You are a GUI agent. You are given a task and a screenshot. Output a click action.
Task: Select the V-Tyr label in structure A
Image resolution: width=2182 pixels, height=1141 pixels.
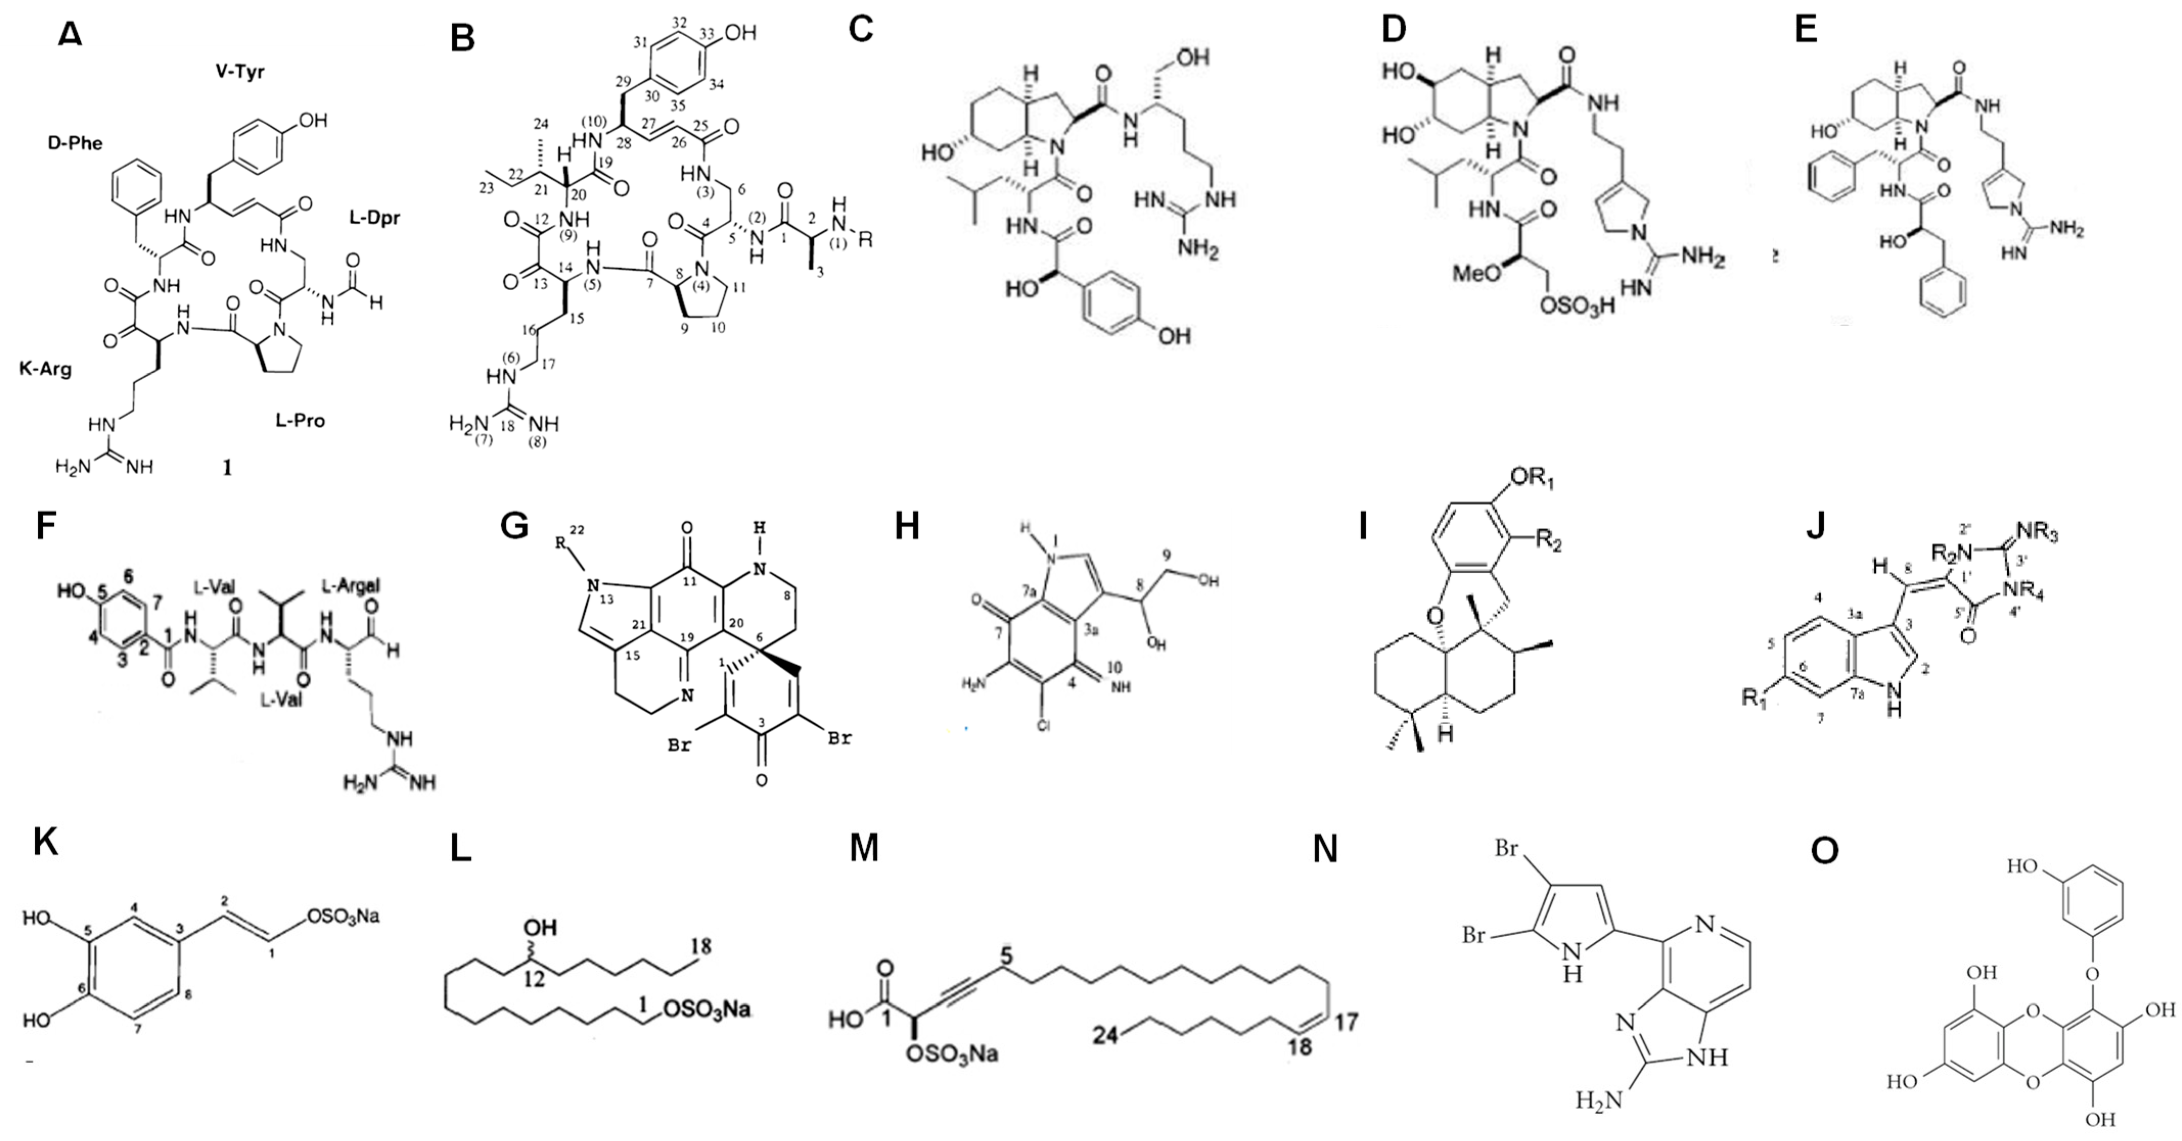pos(240,72)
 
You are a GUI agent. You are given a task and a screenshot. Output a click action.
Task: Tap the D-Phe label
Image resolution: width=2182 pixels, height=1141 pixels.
pos(75,143)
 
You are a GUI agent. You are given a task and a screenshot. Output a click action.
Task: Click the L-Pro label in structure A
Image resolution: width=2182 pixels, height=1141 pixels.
pos(300,420)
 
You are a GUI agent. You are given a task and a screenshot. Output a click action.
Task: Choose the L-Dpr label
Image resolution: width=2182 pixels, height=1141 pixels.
pos(374,218)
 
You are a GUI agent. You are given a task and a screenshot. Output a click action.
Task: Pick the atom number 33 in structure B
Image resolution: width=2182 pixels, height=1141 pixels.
pos(706,33)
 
